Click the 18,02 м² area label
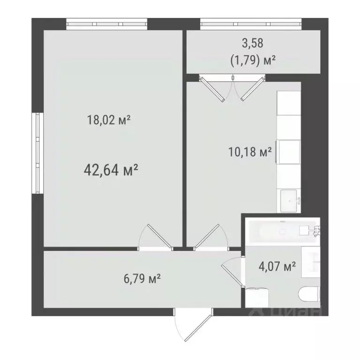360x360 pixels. click(x=108, y=120)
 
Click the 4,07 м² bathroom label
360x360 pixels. click(x=277, y=267)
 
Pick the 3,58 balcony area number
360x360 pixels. click(x=253, y=44)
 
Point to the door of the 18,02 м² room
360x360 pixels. click(x=157, y=237)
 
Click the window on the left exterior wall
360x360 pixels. click(x=37, y=153)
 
